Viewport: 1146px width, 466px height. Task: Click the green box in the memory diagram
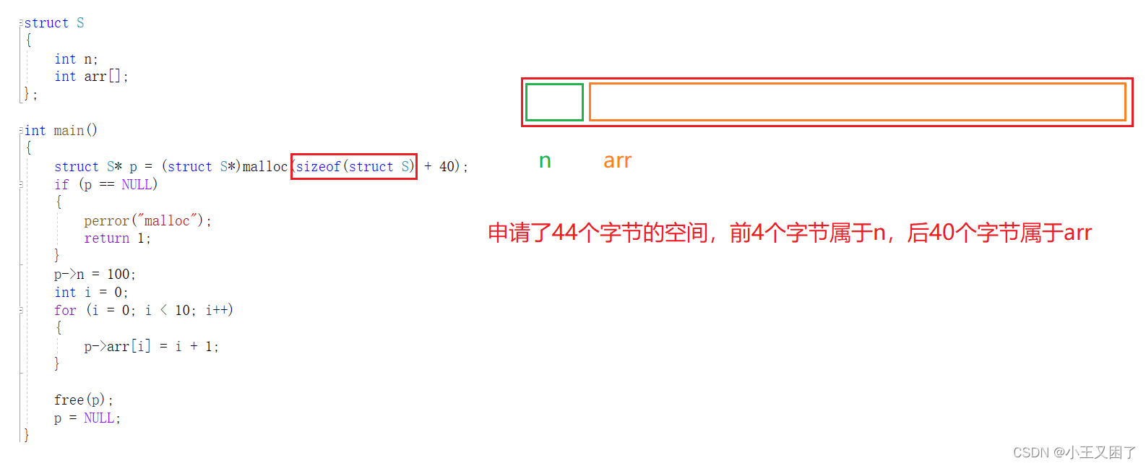click(x=554, y=102)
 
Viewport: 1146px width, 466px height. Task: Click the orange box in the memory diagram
click(x=857, y=102)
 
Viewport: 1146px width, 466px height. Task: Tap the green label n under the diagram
click(x=545, y=161)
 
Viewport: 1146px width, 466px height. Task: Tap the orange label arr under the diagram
click(x=617, y=161)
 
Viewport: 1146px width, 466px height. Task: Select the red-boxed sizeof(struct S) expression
click(x=354, y=167)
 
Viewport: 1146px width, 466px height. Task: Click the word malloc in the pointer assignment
click(x=264, y=167)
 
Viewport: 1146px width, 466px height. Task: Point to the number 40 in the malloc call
click(x=447, y=167)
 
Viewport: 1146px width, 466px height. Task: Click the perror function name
click(x=106, y=221)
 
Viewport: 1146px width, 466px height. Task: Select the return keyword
click(x=106, y=238)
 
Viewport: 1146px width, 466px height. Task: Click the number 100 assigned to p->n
click(x=119, y=275)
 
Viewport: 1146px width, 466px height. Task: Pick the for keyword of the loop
click(x=65, y=311)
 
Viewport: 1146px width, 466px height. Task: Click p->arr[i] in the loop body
click(x=117, y=347)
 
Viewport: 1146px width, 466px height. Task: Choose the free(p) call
click(x=82, y=400)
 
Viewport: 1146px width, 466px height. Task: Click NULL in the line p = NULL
click(x=100, y=418)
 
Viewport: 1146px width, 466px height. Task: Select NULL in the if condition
click(x=137, y=185)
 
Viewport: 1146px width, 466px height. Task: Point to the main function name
click(x=69, y=131)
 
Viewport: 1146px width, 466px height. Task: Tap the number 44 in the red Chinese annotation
click(x=564, y=233)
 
